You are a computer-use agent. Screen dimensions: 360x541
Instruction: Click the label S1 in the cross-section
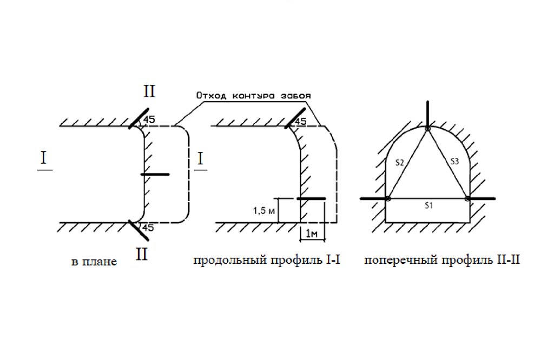pyautogui.click(x=427, y=205)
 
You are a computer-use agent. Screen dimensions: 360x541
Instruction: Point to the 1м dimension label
pyautogui.click(x=312, y=234)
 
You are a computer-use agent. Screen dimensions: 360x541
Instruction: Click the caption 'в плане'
pyautogui.click(x=93, y=262)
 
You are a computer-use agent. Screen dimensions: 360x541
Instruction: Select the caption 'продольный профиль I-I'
pyautogui.click(x=266, y=261)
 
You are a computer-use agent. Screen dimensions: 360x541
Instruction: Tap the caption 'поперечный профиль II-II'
pyautogui.click(x=442, y=261)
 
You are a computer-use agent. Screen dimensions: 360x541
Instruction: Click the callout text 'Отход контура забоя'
pyautogui.click(x=254, y=96)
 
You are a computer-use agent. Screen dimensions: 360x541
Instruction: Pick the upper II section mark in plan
pyautogui.click(x=149, y=91)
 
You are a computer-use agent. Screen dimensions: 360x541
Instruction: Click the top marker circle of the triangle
pyautogui.click(x=427, y=128)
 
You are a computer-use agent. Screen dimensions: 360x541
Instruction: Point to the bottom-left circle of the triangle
pyautogui.click(x=388, y=198)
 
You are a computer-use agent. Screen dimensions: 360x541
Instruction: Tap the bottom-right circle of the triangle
pyautogui.click(x=467, y=198)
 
